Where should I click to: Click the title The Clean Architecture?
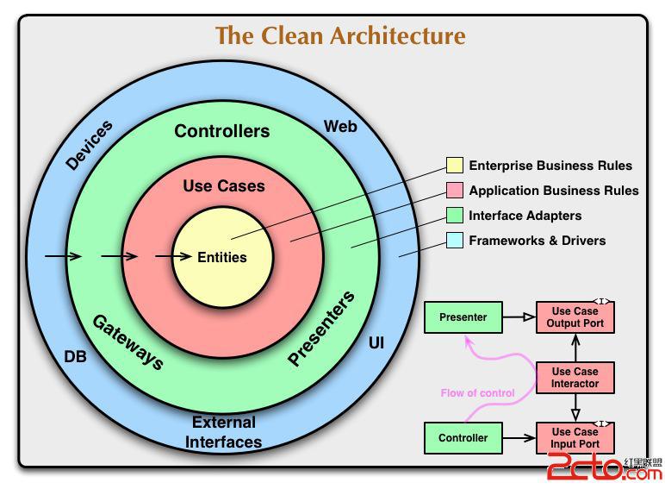pos(339,35)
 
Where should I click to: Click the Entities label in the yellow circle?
pos(222,257)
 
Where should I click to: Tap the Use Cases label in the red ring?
pos(224,185)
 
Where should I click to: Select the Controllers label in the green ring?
pos(222,131)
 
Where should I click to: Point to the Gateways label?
pos(127,342)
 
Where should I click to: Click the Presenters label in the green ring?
pos(321,329)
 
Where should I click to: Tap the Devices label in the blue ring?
pos(90,145)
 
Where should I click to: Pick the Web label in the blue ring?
pos(340,127)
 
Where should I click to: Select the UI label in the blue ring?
pos(376,343)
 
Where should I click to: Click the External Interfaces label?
pos(225,432)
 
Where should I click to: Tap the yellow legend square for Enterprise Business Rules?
pos(455,166)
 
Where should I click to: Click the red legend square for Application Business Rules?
pos(455,191)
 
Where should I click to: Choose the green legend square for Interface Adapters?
pos(455,216)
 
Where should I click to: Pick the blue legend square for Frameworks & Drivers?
pos(455,241)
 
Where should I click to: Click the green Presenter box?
pos(463,317)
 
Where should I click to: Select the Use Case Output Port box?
pos(575,317)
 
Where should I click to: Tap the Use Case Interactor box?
pos(575,378)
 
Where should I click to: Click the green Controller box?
pos(463,438)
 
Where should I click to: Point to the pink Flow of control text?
pos(477,393)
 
